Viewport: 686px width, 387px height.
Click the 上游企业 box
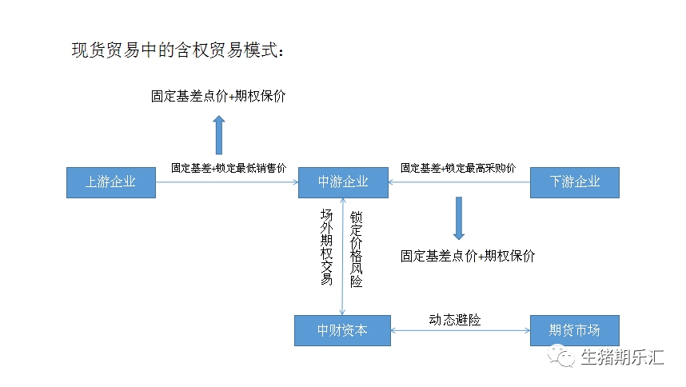(x=110, y=182)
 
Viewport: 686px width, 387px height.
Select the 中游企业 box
(x=343, y=182)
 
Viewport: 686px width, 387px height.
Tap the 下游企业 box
(x=575, y=182)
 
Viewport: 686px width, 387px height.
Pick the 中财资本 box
(x=342, y=330)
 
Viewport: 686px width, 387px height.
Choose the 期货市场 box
(x=574, y=330)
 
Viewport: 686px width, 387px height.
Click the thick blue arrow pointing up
(x=219, y=134)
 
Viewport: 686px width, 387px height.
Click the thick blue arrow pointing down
(x=459, y=219)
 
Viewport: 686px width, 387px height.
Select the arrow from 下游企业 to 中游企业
(x=459, y=182)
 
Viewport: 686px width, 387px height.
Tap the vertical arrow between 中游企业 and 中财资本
(x=343, y=256)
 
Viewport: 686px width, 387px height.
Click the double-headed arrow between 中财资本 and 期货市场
(x=460, y=330)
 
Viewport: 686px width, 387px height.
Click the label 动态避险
(x=455, y=320)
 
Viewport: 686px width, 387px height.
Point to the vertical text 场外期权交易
(x=326, y=247)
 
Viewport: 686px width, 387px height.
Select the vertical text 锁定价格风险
(x=357, y=249)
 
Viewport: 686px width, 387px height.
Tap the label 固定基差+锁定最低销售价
(x=229, y=168)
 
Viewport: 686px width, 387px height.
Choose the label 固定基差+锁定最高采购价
(x=458, y=168)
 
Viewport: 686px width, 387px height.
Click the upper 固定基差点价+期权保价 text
(x=218, y=96)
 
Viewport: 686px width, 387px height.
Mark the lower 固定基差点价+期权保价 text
(x=468, y=256)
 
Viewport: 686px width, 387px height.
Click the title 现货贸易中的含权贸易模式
(x=177, y=50)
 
